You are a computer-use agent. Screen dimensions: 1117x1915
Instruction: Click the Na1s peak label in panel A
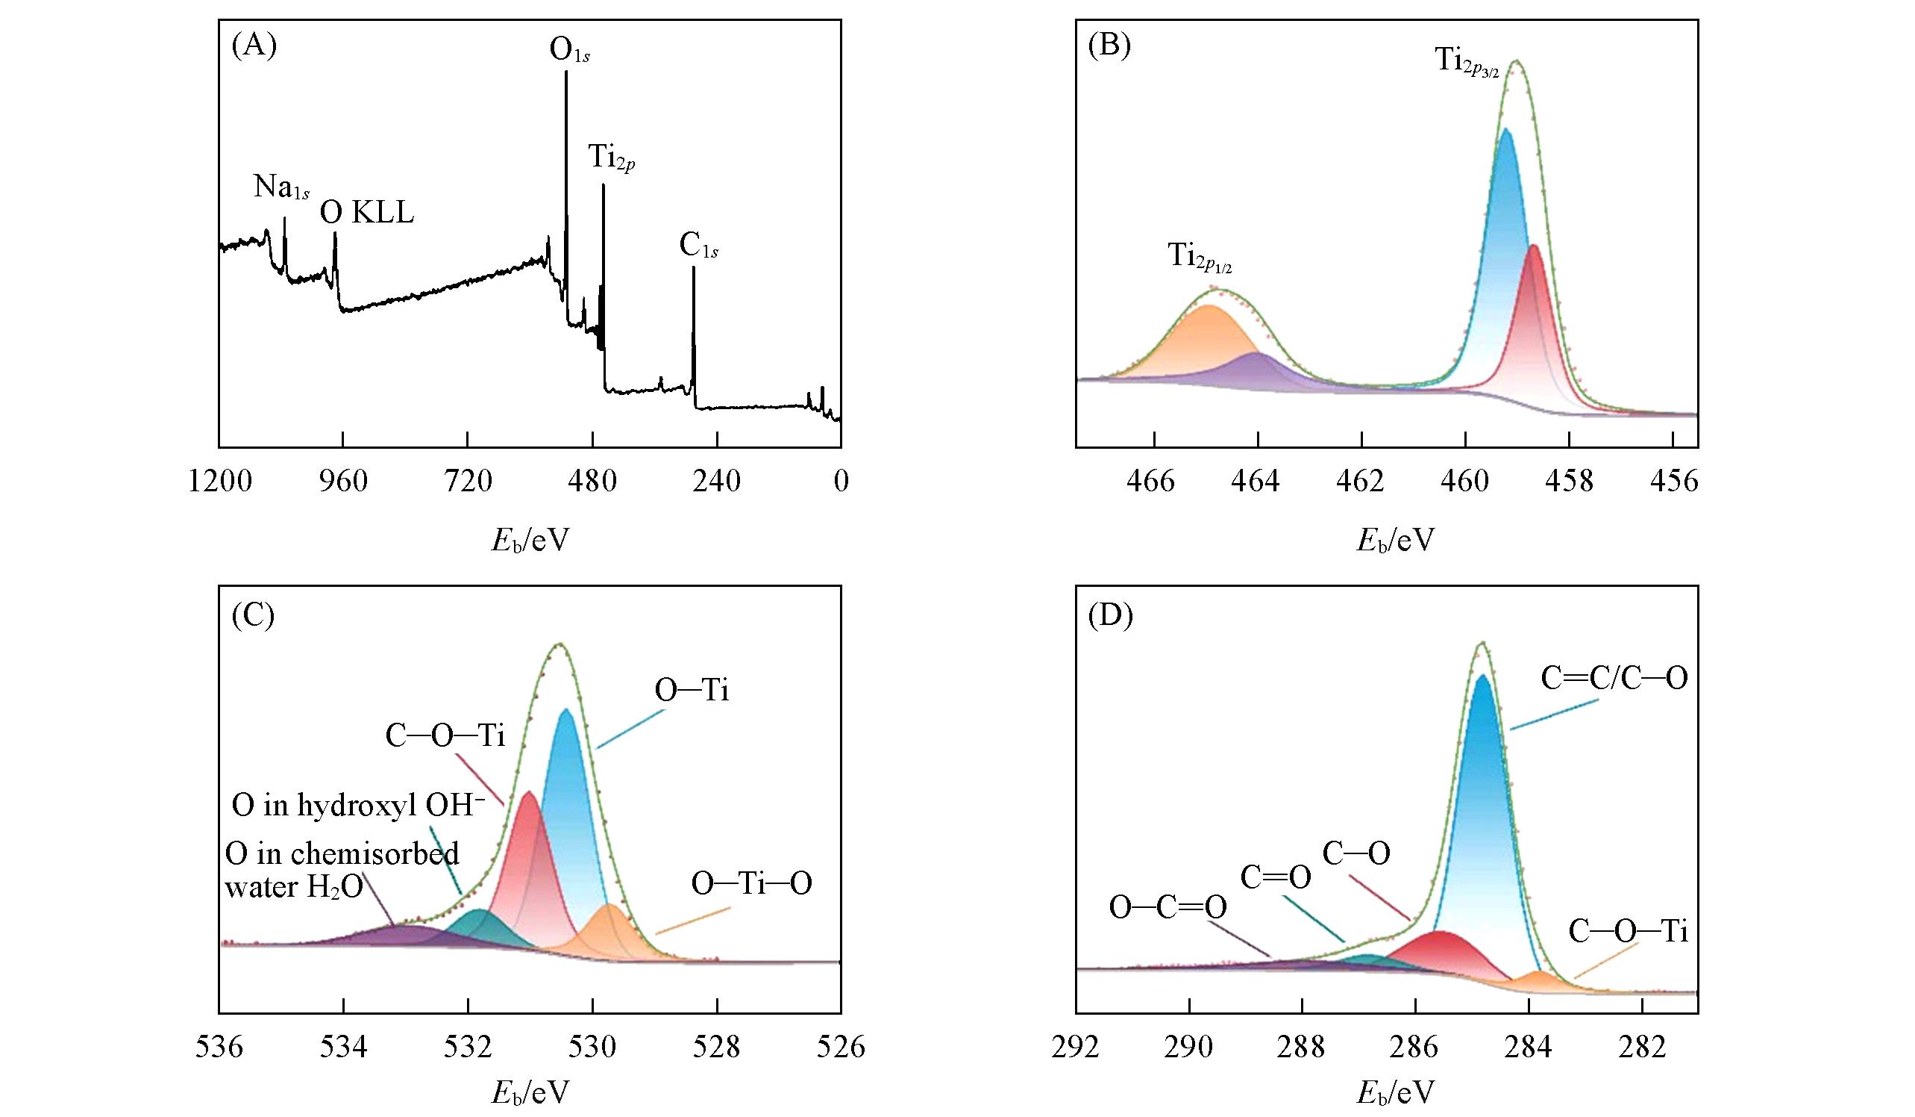281,187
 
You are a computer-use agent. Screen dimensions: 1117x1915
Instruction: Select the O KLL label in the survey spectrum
366,213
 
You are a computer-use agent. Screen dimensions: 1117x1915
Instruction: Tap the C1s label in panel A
698,246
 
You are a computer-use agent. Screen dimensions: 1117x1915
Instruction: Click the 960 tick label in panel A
342,482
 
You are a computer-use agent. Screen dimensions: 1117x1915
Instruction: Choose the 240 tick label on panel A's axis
716,482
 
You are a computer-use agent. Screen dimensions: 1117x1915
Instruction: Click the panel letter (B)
1109,46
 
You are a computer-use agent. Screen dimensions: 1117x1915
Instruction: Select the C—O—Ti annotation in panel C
445,736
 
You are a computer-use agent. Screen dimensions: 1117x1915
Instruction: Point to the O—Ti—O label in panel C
750,883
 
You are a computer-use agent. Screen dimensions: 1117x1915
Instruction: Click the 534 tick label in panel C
343,1047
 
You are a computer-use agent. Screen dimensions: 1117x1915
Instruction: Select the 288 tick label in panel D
1302,1047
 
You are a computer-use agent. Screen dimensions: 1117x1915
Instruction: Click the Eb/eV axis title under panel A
530,540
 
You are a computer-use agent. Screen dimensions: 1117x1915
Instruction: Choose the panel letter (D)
1110,615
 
